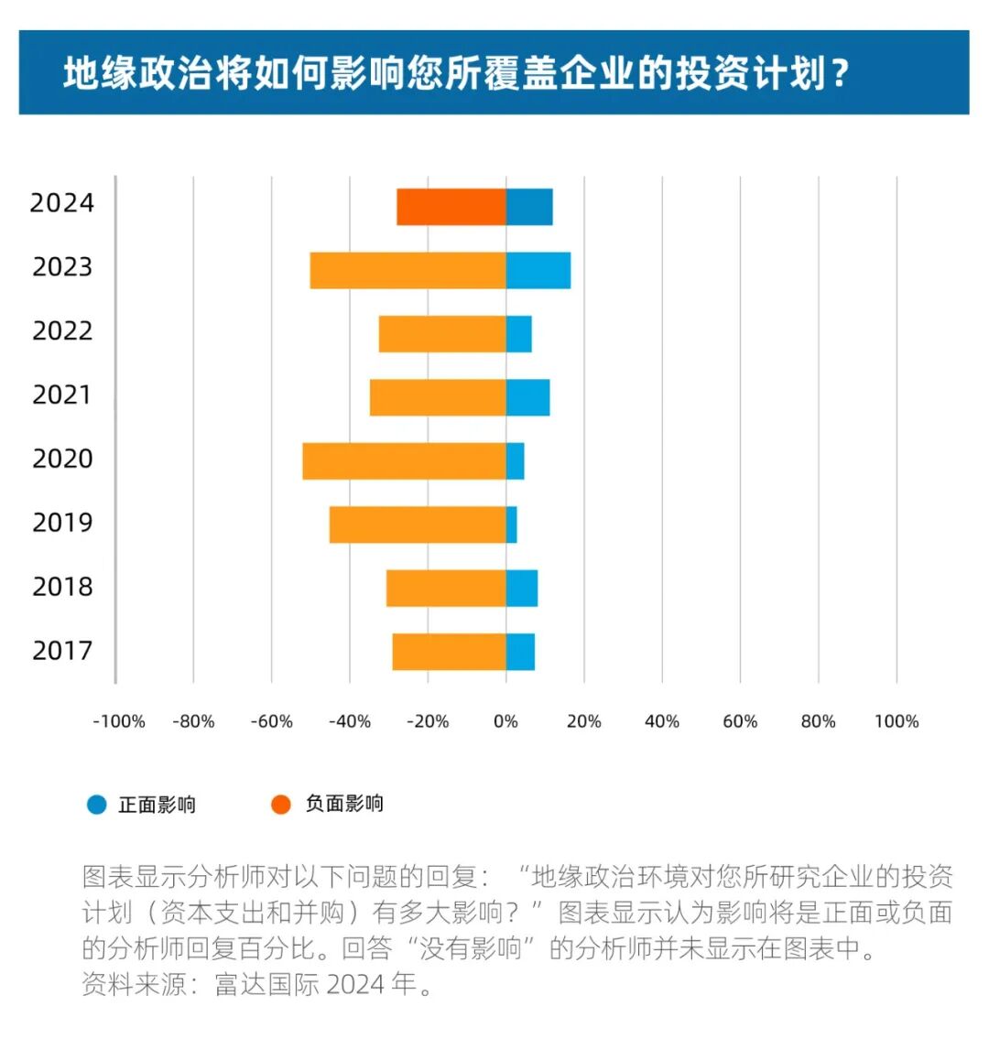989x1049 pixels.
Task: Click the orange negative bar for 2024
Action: click(x=451, y=207)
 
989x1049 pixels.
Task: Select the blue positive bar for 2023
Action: click(x=538, y=270)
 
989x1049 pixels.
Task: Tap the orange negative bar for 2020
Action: click(x=404, y=461)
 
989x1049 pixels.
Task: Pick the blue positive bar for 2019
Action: click(x=511, y=524)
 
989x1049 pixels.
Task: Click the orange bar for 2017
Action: click(x=449, y=652)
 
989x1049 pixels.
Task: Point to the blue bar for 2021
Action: click(x=527, y=397)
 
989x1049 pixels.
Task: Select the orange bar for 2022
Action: click(x=442, y=334)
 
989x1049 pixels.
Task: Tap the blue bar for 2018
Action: click(x=522, y=589)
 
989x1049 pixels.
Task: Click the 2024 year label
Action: click(x=61, y=203)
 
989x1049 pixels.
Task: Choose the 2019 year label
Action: click(x=62, y=523)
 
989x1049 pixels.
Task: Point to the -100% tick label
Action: click(x=118, y=721)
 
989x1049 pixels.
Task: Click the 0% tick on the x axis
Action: click(x=505, y=721)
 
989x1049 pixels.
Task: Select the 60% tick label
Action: click(x=740, y=721)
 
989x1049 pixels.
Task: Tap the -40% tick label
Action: click(x=350, y=721)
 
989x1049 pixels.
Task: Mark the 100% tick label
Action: click(x=896, y=721)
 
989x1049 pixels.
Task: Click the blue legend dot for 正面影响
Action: click(x=97, y=805)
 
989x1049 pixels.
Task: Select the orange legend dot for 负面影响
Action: click(x=281, y=804)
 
